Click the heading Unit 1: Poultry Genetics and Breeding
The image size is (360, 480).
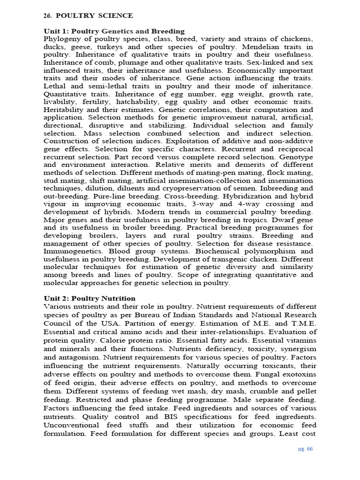pyautogui.click(x=114, y=31)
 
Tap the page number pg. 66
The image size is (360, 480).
pyautogui.click(x=306, y=449)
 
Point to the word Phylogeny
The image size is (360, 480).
pyautogui.click(x=63, y=38)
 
